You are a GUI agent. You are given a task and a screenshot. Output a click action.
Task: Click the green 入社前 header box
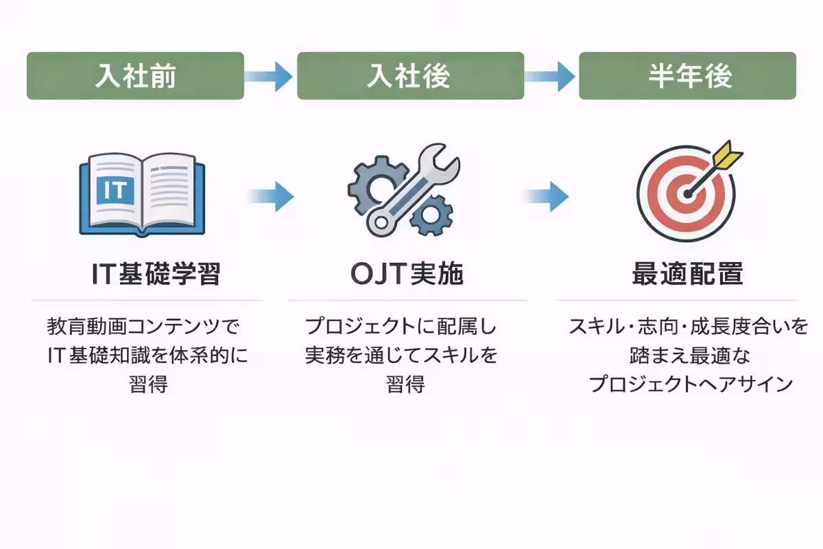pyautogui.click(x=135, y=75)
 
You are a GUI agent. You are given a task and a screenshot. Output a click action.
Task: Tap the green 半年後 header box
pyautogui.click(x=687, y=75)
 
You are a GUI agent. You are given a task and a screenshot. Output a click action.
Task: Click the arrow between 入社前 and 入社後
pyautogui.click(x=270, y=75)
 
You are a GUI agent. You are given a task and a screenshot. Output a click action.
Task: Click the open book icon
pyautogui.click(x=142, y=194)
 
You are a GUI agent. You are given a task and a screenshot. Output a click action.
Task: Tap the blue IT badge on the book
pyautogui.click(x=115, y=189)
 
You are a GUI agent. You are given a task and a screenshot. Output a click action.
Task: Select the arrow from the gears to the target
pyautogui.click(x=548, y=196)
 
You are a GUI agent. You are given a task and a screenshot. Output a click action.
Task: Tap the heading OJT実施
pyautogui.click(x=407, y=274)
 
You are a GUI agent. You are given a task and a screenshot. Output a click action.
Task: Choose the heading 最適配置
pyautogui.click(x=687, y=274)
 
